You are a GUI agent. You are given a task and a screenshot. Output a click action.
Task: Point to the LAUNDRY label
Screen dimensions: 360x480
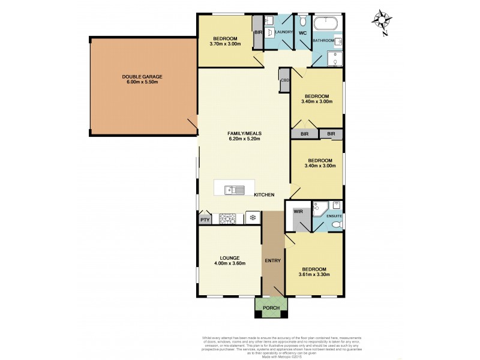click(x=283, y=32)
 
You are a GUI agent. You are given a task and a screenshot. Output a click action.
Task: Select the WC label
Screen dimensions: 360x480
click(x=303, y=32)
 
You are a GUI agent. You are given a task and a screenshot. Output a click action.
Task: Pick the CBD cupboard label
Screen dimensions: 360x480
click(x=285, y=80)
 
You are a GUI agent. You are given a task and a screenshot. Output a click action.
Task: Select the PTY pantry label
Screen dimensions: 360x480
click(x=205, y=220)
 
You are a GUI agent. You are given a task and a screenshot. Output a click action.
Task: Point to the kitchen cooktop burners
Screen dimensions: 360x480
click(x=228, y=218)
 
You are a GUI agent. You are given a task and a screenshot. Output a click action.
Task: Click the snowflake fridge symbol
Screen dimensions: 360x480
click(x=253, y=217)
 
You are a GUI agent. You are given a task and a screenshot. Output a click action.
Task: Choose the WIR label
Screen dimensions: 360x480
click(x=298, y=211)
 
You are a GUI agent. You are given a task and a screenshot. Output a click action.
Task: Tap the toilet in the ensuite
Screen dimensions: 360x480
click(x=337, y=224)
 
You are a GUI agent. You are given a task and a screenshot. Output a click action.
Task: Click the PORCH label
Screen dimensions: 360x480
click(x=271, y=308)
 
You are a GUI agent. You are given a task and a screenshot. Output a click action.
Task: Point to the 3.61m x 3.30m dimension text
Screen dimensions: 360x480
click(x=314, y=275)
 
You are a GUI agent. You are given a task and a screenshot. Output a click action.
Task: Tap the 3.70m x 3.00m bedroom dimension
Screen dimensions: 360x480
click(x=225, y=43)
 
